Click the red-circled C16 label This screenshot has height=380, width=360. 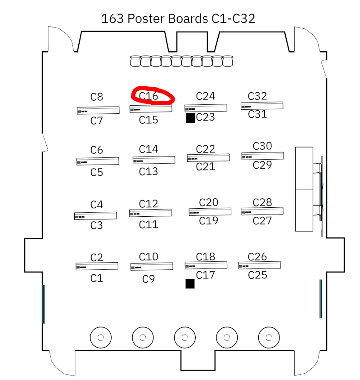[148, 96]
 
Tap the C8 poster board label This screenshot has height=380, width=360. [97, 97]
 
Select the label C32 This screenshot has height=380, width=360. [257, 96]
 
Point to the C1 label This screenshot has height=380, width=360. [97, 278]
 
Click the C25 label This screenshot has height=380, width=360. [258, 274]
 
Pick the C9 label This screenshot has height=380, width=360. [148, 279]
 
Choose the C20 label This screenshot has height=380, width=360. [208, 202]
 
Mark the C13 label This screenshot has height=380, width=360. [148, 171]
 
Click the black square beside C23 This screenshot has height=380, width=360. [190, 118]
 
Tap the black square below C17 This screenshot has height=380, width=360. [190, 283]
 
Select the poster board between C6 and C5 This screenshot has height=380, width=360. [98, 161]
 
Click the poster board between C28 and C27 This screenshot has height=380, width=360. [262, 211]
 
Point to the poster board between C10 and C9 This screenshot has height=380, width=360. [152, 267]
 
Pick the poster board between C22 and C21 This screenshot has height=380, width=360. [208, 158]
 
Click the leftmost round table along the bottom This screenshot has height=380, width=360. [100, 337]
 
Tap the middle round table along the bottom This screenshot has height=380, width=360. [184, 337]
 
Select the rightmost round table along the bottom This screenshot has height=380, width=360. [269, 337]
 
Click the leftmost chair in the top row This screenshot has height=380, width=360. [135, 61]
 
